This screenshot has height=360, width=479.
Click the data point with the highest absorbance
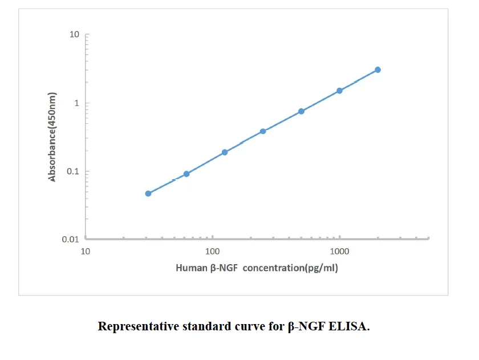pyautogui.click(x=377, y=70)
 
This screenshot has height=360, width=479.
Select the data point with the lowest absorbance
pyautogui.click(x=148, y=193)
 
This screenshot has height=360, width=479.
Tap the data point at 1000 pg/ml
pyautogui.click(x=339, y=91)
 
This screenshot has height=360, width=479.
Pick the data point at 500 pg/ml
pyautogui.click(x=301, y=111)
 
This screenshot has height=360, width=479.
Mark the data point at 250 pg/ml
pyautogui.click(x=263, y=131)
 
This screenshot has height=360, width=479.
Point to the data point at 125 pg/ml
pyautogui.click(x=225, y=152)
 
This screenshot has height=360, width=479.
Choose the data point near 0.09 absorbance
pyautogui.click(x=186, y=173)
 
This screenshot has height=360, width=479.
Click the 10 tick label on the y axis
pyautogui.click(x=74, y=35)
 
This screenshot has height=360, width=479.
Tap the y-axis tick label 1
pyautogui.click(x=76, y=103)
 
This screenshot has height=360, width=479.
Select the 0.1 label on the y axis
pyautogui.click(x=72, y=171)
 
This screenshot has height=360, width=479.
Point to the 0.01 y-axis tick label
pyautogui.click(x=70, y=240)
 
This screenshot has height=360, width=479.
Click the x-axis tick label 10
pyautogui.click(x=86, y=251)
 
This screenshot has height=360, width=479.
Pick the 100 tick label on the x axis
pyautogui.click(x=213, y=251)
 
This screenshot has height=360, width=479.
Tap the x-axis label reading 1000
pyautogui.click(x=340, y=251)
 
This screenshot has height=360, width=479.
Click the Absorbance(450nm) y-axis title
pyautogui.click(x=52, y=137)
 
